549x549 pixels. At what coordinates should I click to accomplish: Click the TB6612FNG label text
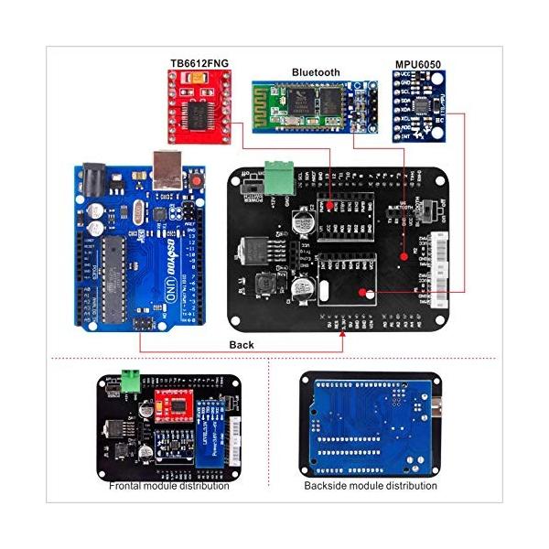[x=199, y=63]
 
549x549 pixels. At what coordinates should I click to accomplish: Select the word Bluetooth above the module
[x=316, y=71]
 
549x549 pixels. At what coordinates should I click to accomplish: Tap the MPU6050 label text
[x=418, y=64]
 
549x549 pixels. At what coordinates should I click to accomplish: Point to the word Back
[x=242, y=344]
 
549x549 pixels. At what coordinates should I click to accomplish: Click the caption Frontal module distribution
[x=169, y=485]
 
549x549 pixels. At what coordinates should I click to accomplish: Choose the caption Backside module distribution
[x=371, y=485]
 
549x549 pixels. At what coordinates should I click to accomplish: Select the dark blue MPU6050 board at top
[x=419, y=108]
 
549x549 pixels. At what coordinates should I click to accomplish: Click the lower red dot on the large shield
[x=364, y=293]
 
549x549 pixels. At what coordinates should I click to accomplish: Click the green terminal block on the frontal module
[x=134, y=378]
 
